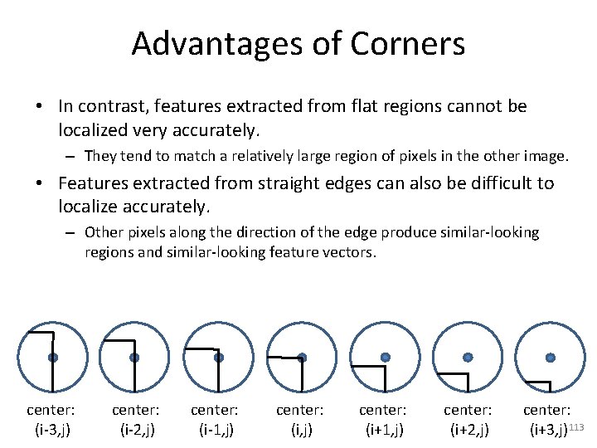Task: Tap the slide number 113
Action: (x=578, y=426)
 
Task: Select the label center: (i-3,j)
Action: (x=51, y=420)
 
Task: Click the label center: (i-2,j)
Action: (x=135, y=420)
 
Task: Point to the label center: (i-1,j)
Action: (x=215, y=420)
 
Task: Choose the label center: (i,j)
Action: (x=299, y=420)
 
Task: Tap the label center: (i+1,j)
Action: (x=382, y=420)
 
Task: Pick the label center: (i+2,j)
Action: (x=467, y=420)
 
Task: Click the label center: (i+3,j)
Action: (x=546, y=420)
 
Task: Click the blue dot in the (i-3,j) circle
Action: (x=52, y=358)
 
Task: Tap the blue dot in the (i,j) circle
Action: (x=302, y=358)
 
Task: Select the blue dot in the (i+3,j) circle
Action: (x=551, y=357)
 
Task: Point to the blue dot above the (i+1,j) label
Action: (x=385, y=357)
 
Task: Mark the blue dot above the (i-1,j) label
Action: (x=219, y=358)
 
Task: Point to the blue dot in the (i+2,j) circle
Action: (x=468, y=357)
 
